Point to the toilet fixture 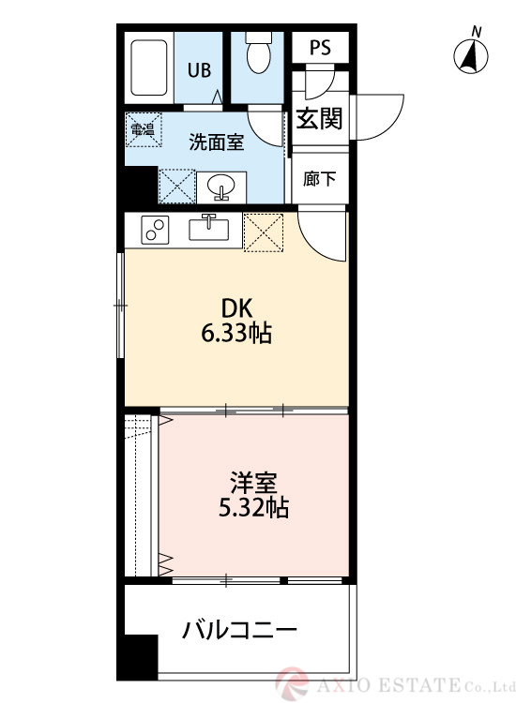257,54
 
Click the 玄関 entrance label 319,119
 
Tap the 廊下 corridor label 319,178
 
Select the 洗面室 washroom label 217,142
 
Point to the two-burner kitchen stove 154,229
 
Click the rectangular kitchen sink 210,228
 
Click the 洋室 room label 253,484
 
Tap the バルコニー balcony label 239,629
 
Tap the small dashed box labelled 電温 144,129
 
